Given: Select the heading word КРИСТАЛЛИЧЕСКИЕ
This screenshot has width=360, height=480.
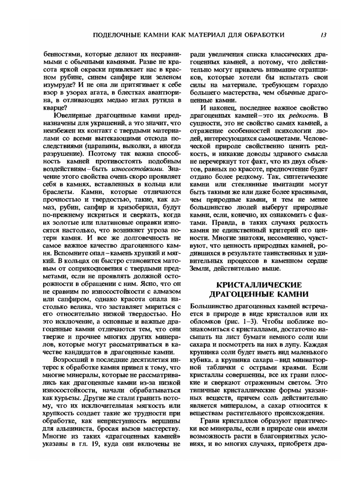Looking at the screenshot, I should [259, 285].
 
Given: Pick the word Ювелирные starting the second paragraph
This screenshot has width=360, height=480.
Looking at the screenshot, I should [72, 116].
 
